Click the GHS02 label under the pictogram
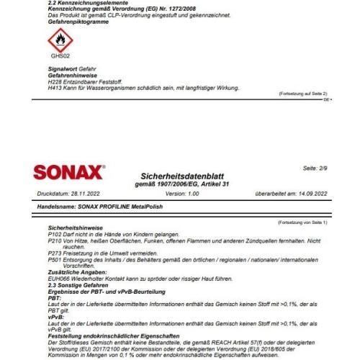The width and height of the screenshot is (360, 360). point(60,55)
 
